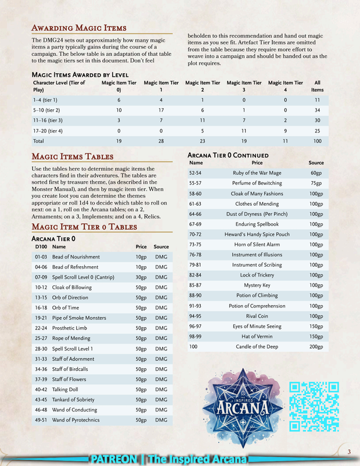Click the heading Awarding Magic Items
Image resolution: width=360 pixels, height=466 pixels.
(x=78, y=28)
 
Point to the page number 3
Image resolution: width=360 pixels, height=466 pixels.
(x=349, y=452)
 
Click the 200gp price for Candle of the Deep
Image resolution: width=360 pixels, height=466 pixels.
(x=316, y=347)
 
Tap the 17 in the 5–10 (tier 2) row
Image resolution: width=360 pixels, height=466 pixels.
(x=161, y=110)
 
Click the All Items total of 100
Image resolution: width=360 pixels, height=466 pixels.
(x=317, y=141)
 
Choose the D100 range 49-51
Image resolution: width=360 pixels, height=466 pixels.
(x=41, y=420)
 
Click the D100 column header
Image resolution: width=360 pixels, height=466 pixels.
(x=41, y=246)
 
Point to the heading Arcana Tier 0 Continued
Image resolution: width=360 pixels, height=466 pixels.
(x=228, y=155)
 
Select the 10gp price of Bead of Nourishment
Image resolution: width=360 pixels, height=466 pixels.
(x=140, y=257)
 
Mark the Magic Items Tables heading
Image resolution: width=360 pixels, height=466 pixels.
(x=72, y=156)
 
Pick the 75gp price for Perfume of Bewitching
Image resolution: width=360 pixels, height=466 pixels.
(x=316, y=183)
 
